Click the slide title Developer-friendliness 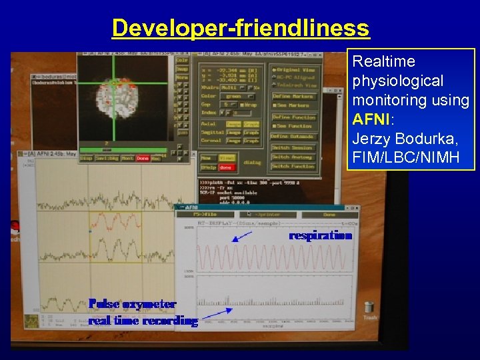(x=240, y=28)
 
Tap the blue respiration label (x=320, y=235)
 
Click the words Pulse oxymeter (x=133, y=304)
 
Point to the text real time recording (x=143, y=321)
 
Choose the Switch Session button (x=294, y=147)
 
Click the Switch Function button (x=294, y=166)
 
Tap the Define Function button (x=294, y=116)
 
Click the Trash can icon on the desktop (x=369, y=309)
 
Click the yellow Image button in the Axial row (x=233, y=124)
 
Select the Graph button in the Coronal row (x=251, y=141)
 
